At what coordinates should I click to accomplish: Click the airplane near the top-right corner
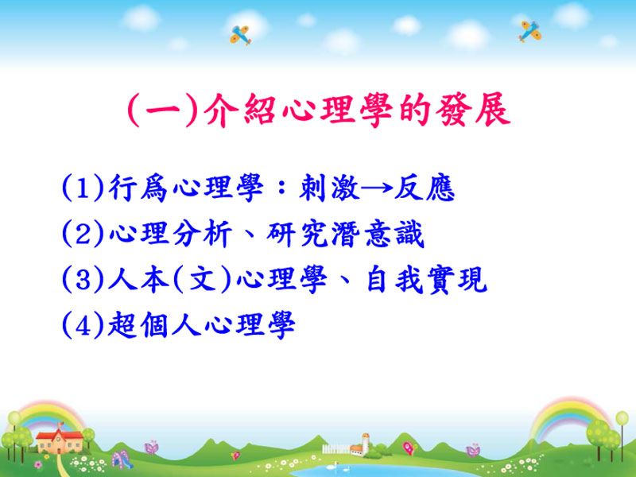point(529,31)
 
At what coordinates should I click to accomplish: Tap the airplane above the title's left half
point(241,35)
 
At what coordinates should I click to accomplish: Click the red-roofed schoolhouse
point(59,441)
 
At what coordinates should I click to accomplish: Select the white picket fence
point(335,448)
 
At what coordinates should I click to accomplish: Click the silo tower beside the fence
point(366,444)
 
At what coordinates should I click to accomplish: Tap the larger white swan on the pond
point(335,465)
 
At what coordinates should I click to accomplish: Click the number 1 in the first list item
point(83,188)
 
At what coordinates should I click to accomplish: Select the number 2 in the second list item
point(83,234)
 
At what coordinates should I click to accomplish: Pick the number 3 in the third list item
point(83,280)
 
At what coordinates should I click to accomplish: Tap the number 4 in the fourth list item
point(83,325)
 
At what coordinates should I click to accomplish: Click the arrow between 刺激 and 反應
point(377,188)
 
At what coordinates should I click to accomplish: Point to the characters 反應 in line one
point(424,188)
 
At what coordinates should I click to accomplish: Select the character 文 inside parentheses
point(202,280)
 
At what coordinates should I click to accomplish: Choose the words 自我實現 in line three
point(426,280)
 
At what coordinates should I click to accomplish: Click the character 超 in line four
point(122,325)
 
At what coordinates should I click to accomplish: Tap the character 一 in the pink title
point(162,111)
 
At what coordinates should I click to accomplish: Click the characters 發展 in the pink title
point(473,110)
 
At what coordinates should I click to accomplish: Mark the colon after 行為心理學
point(281,188)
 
